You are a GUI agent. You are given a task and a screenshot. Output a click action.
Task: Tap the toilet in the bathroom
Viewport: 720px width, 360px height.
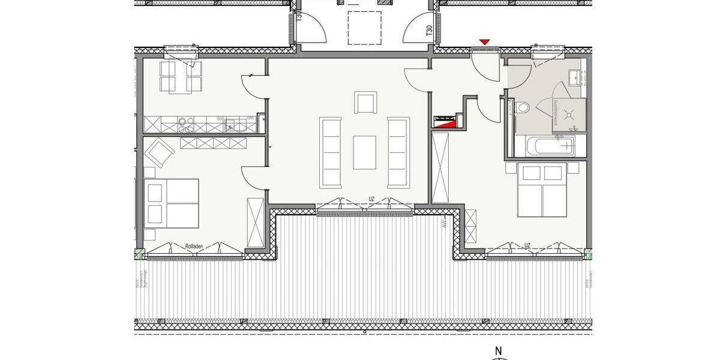pos(522,108)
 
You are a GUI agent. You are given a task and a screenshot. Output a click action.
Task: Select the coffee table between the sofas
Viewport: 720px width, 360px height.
pos(364,152)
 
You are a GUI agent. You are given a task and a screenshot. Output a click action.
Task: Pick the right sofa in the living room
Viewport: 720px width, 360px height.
pos(397,152)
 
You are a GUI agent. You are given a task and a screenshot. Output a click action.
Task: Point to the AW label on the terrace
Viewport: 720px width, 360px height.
pos(445,226)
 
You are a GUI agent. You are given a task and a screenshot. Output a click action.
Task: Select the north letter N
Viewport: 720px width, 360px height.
pos(497,352)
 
